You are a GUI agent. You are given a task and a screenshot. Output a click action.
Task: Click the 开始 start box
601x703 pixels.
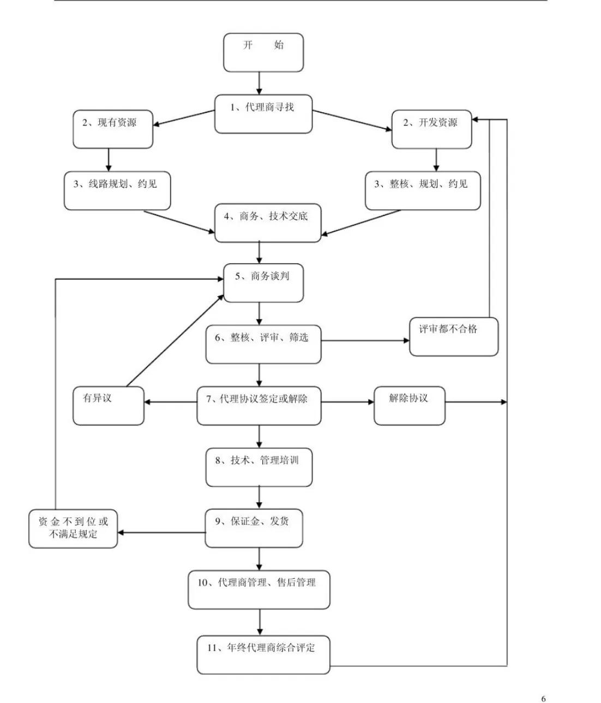click(263, 52)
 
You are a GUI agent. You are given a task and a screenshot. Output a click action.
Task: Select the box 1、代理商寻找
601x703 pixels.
click(263, 114)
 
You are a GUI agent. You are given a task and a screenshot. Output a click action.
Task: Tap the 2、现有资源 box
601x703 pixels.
click(113, 129)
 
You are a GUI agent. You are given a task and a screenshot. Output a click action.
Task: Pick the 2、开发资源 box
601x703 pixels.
click(431, 129)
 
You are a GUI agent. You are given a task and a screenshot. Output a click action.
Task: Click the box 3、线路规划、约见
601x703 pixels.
click(117, 191)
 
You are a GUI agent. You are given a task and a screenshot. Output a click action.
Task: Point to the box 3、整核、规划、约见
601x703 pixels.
click(423, 191)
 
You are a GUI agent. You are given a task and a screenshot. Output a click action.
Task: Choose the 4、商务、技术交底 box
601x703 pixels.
click(267, 223)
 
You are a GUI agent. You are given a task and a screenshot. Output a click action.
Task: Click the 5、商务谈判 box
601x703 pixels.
click(263, 283)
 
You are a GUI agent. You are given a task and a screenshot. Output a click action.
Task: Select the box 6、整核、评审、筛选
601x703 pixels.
click(263, 345)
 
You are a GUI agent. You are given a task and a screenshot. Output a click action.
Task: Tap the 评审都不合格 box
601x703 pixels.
click(453, 337)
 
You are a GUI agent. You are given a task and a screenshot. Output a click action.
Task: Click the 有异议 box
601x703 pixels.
click(108, 406)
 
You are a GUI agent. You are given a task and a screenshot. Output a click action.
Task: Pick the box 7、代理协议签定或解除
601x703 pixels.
click(259, 406)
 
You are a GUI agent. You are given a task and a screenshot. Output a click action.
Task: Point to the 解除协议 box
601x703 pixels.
click(409, 406)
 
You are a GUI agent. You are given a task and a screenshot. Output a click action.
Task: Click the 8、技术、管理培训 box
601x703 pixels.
click(259, 467)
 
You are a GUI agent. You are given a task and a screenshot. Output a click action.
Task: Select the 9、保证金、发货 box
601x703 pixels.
click(254, 528)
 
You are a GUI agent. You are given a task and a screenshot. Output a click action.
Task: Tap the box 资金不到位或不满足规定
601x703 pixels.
click(73, 528)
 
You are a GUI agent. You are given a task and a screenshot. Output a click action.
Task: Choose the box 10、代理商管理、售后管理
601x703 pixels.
click(259, 590)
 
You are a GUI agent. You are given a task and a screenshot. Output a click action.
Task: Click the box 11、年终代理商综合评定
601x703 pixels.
click(263, 654)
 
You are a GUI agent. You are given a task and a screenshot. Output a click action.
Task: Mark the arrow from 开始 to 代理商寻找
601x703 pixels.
click(259, 83)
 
